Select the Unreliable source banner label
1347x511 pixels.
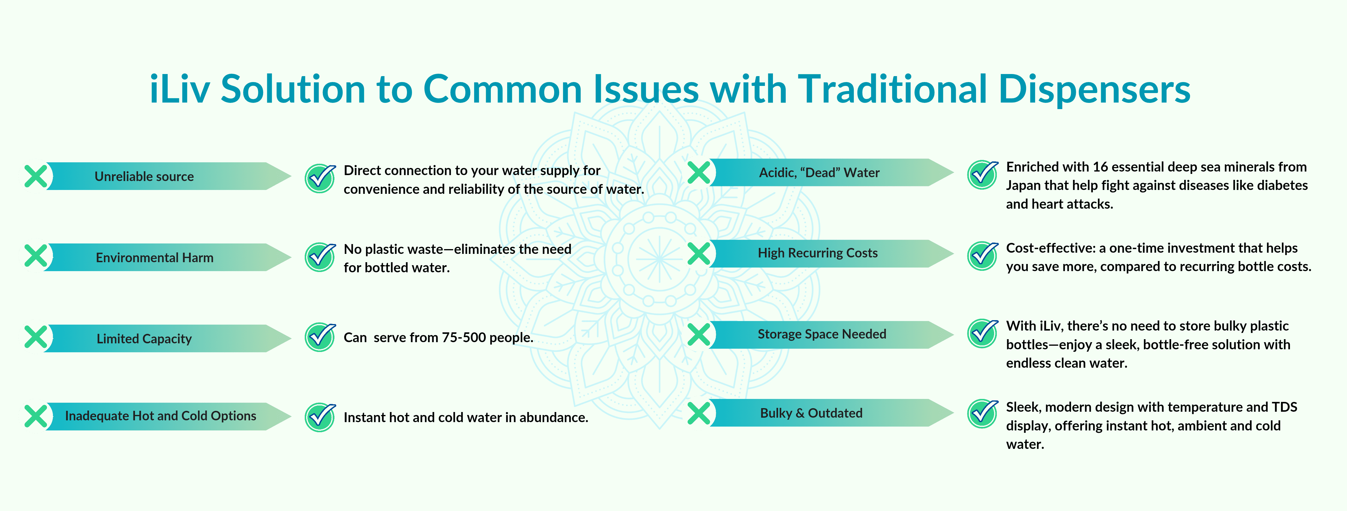point(144,177)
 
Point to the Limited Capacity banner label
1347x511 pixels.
point(144,339)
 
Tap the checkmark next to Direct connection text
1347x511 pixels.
point(320,178)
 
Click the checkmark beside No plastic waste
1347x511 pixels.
point(320,257)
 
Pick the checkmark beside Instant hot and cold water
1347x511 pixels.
point(320,417)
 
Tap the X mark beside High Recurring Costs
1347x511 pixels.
point(699,253)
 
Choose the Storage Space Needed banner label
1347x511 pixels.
point(822,334)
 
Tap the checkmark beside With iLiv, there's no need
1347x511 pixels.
point(983,333)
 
